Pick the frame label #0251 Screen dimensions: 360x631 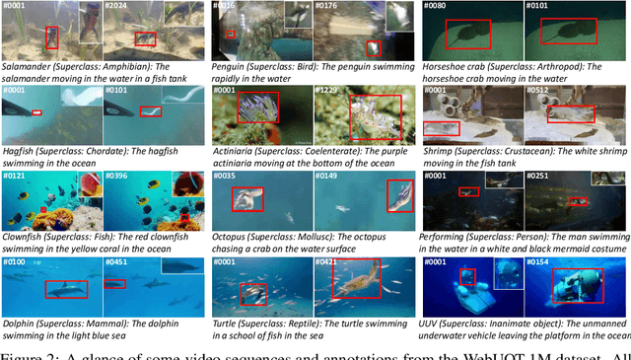[x=538, y=176]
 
